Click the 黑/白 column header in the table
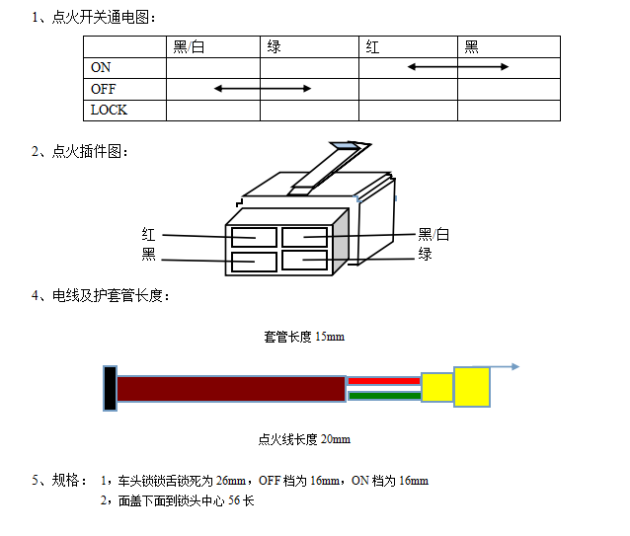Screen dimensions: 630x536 pos(189,47)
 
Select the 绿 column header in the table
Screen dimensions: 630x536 pos(274,47)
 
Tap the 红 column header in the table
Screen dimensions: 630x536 pos(372,47)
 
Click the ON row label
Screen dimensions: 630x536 pos(101,67)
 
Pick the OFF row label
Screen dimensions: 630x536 pos(104,89)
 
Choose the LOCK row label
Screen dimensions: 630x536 pos(109,110)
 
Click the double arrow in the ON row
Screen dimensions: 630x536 pos(458,67)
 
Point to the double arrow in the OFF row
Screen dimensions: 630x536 pos(263,88)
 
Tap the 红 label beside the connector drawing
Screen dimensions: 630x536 pos(148,235)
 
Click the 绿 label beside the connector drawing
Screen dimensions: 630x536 pos(425,254)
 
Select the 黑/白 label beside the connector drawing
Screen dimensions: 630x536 pos(433,234)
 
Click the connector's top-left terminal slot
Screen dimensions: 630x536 pos(255,237)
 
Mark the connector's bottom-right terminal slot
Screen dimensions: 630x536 pos(304,261)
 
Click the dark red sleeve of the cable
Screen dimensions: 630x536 pos(231,389)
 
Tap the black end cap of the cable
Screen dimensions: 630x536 pos(110,388)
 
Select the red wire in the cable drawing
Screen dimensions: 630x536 pos(384,381)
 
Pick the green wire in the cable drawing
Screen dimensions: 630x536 pos(384,396)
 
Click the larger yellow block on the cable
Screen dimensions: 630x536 pos(472,387)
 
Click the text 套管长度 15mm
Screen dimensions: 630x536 pos(304,337)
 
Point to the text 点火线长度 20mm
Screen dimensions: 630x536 pos(304,439)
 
